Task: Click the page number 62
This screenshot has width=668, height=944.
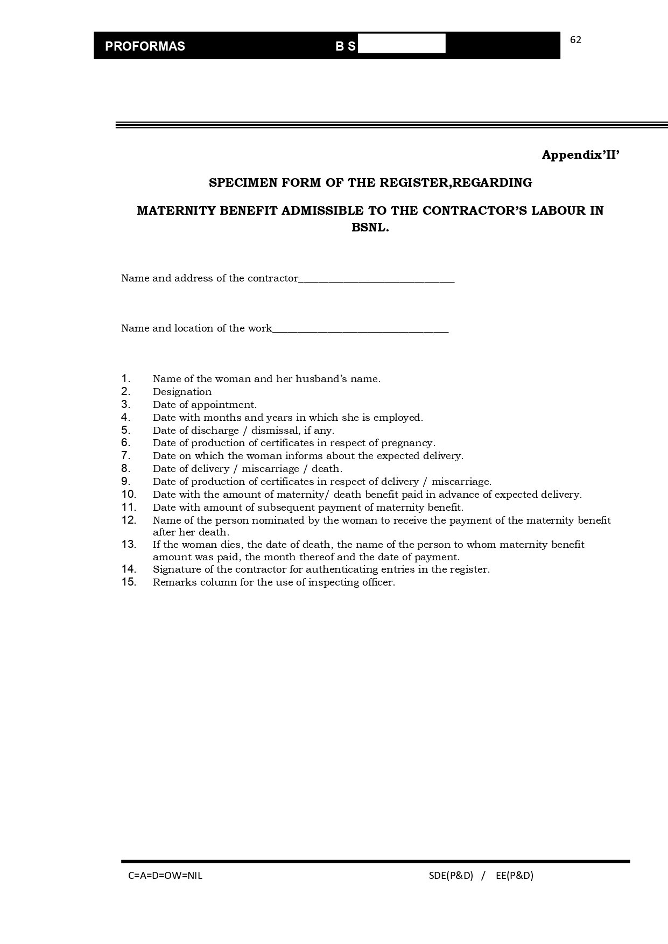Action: pos(575,40)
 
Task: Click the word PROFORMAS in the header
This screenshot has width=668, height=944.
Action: pos(145,46)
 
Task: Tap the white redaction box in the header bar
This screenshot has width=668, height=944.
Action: pos(402,44)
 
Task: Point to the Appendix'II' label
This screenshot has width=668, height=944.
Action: pos(581,155)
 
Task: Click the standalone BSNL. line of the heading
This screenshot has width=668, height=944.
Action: pos(370,227)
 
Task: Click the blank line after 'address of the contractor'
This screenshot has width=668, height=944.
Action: pos(376,279)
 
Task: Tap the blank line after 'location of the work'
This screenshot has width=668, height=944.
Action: pos(360,329)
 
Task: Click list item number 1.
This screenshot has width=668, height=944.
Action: pos(126,378)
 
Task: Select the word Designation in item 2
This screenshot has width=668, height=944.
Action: pos(182,392)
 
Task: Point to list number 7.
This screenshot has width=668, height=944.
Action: pos(126,455)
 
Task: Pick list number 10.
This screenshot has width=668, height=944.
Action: pos(129,494)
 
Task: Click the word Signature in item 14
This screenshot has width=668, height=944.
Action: pos(176,569)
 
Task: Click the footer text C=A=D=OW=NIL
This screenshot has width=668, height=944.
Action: pos(165,876)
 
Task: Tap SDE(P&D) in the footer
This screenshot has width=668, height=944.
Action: pos(451,876)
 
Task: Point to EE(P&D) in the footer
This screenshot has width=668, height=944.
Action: pos(514,876)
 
